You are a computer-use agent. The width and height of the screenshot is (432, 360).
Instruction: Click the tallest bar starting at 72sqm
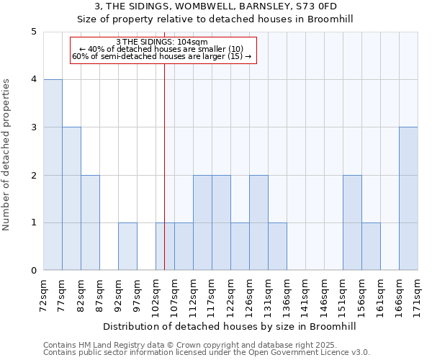[x=53, y=175]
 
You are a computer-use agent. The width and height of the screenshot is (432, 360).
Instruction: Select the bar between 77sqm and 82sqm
[x=71, y=199]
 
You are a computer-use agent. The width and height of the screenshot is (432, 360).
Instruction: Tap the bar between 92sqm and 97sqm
[x=127, y=246]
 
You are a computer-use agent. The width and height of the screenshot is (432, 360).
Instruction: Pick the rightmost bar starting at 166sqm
[x=408, y=199]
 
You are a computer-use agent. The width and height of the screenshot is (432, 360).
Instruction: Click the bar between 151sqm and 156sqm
[x=352, y=222]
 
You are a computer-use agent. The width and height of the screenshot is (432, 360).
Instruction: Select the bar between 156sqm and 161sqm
[x=371, y=246]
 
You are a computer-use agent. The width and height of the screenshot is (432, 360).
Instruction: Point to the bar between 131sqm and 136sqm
[x=277, y=246]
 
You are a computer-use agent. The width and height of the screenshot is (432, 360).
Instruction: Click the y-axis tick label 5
[x=34, y=32]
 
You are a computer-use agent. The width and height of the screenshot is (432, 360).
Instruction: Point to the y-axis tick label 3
[x=34, y=127]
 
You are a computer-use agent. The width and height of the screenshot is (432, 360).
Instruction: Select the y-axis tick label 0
[x=34, y=271]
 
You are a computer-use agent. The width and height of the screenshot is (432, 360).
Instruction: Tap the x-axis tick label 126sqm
[x=250, y=295]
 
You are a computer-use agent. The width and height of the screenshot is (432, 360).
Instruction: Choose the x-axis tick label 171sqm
[x=418, y=295]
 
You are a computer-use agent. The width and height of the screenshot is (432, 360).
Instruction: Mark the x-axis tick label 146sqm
[x=325, y=295]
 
